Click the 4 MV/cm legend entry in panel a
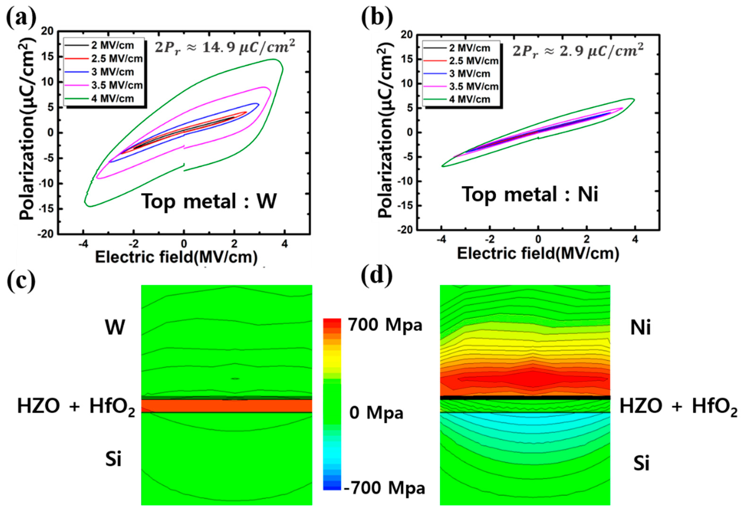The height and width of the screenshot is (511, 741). pyautogui.click(x=112, y=99)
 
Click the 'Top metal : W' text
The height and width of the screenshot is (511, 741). pyautogui.click(x=209, y=201)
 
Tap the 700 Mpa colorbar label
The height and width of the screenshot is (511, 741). pyautogui.click(x=385, y=325)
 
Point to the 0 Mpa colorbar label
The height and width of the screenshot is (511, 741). pyautogui.click(x=376, y=413)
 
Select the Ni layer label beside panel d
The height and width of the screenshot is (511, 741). pyautogui.click(x=640, y=328)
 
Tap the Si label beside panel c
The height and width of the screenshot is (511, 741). pyautogui.click(x=113, y=460)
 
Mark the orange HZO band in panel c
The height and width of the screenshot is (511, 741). pyautogui.click(x=226, y=406)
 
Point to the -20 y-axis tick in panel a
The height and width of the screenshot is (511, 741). pyautogui.click(x=46, y=234)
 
